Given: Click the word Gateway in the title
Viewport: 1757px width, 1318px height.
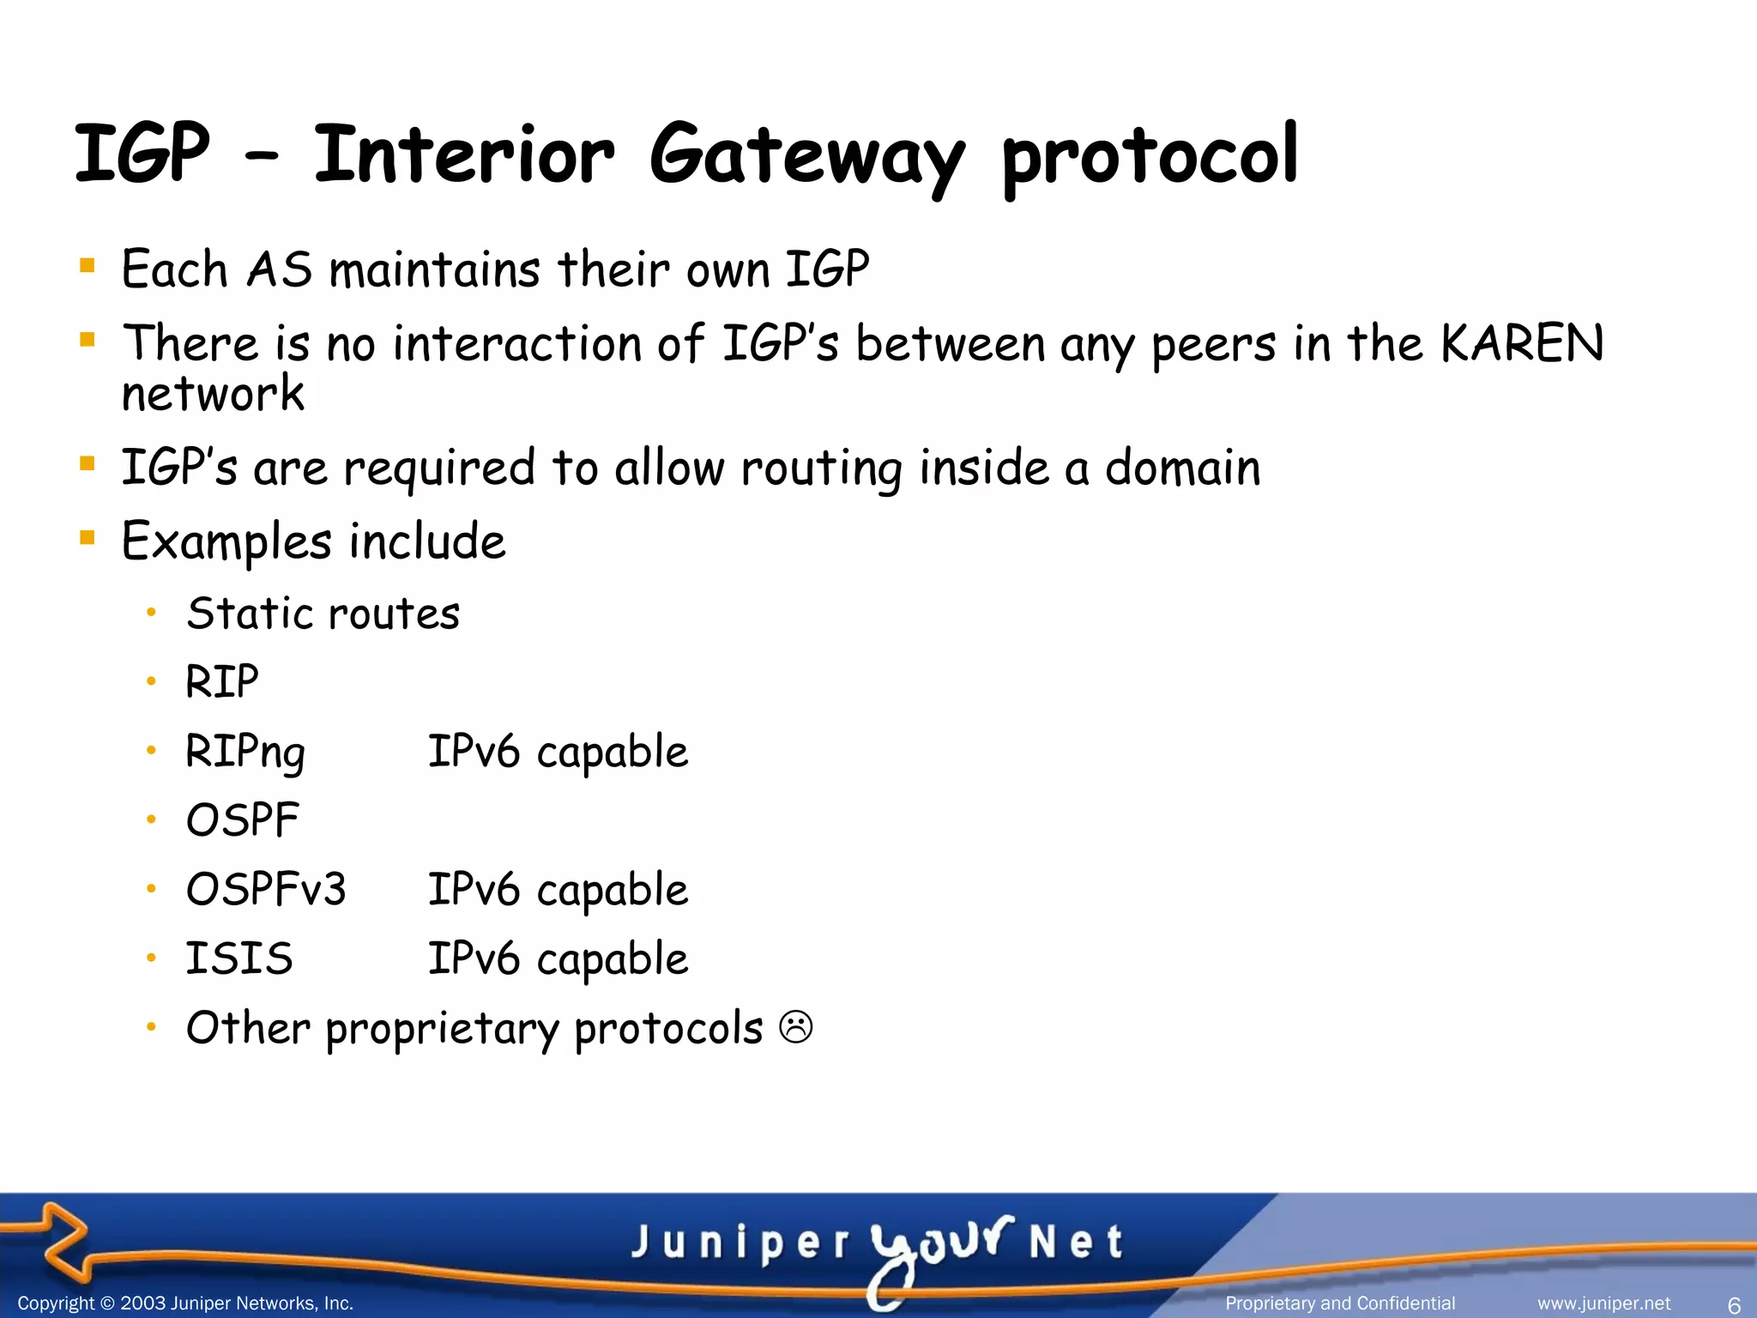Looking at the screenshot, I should pyautogui.click(x=806, y=156).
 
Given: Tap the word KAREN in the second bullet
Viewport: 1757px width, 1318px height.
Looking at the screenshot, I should pyautogui.click(x=1521, y=343).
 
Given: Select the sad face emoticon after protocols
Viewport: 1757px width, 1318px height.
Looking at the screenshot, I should pyautogui.click(x=795, y=1026).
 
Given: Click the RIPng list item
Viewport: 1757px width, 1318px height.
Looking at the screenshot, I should pyautogui.click(x=245, y=752).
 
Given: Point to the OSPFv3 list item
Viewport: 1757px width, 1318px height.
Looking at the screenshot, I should pyautogui.click(x=266, y=889).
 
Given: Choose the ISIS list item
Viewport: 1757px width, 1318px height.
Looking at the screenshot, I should pyautogui.click(x=239, y=958).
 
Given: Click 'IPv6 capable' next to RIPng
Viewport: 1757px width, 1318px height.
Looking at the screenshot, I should pyautogui.click(x=558, y=752).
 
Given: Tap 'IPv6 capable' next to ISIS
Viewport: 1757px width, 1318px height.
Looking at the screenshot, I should pyautogui.click(x=558, y=958).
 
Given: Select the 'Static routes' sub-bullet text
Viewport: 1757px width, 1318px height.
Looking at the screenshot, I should pyautogui.click(x=323, y=614).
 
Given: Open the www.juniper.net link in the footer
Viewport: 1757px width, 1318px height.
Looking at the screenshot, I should pyautogui.click(x=1603, y=1303).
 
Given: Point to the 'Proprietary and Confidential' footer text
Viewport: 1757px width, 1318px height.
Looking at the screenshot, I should pyautogui.click(x=1340, y=1303).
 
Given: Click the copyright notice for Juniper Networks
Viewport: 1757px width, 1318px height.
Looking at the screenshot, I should pyautogui.click(x=185, y=1303).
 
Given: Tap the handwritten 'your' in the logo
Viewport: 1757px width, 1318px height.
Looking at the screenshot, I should pyautogui.click(x=939, y=1244).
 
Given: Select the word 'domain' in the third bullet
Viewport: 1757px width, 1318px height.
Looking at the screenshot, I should pyautogui.click(x=1182, y=469).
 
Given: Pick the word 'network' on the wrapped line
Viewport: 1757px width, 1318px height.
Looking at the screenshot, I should pyautogui.click(x=213, y=394).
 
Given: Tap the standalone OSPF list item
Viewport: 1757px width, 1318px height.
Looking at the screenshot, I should pyautogui.click(x=242, y=820).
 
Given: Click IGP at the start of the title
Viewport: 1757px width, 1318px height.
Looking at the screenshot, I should pyautogui.click(x=142, y=154).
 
